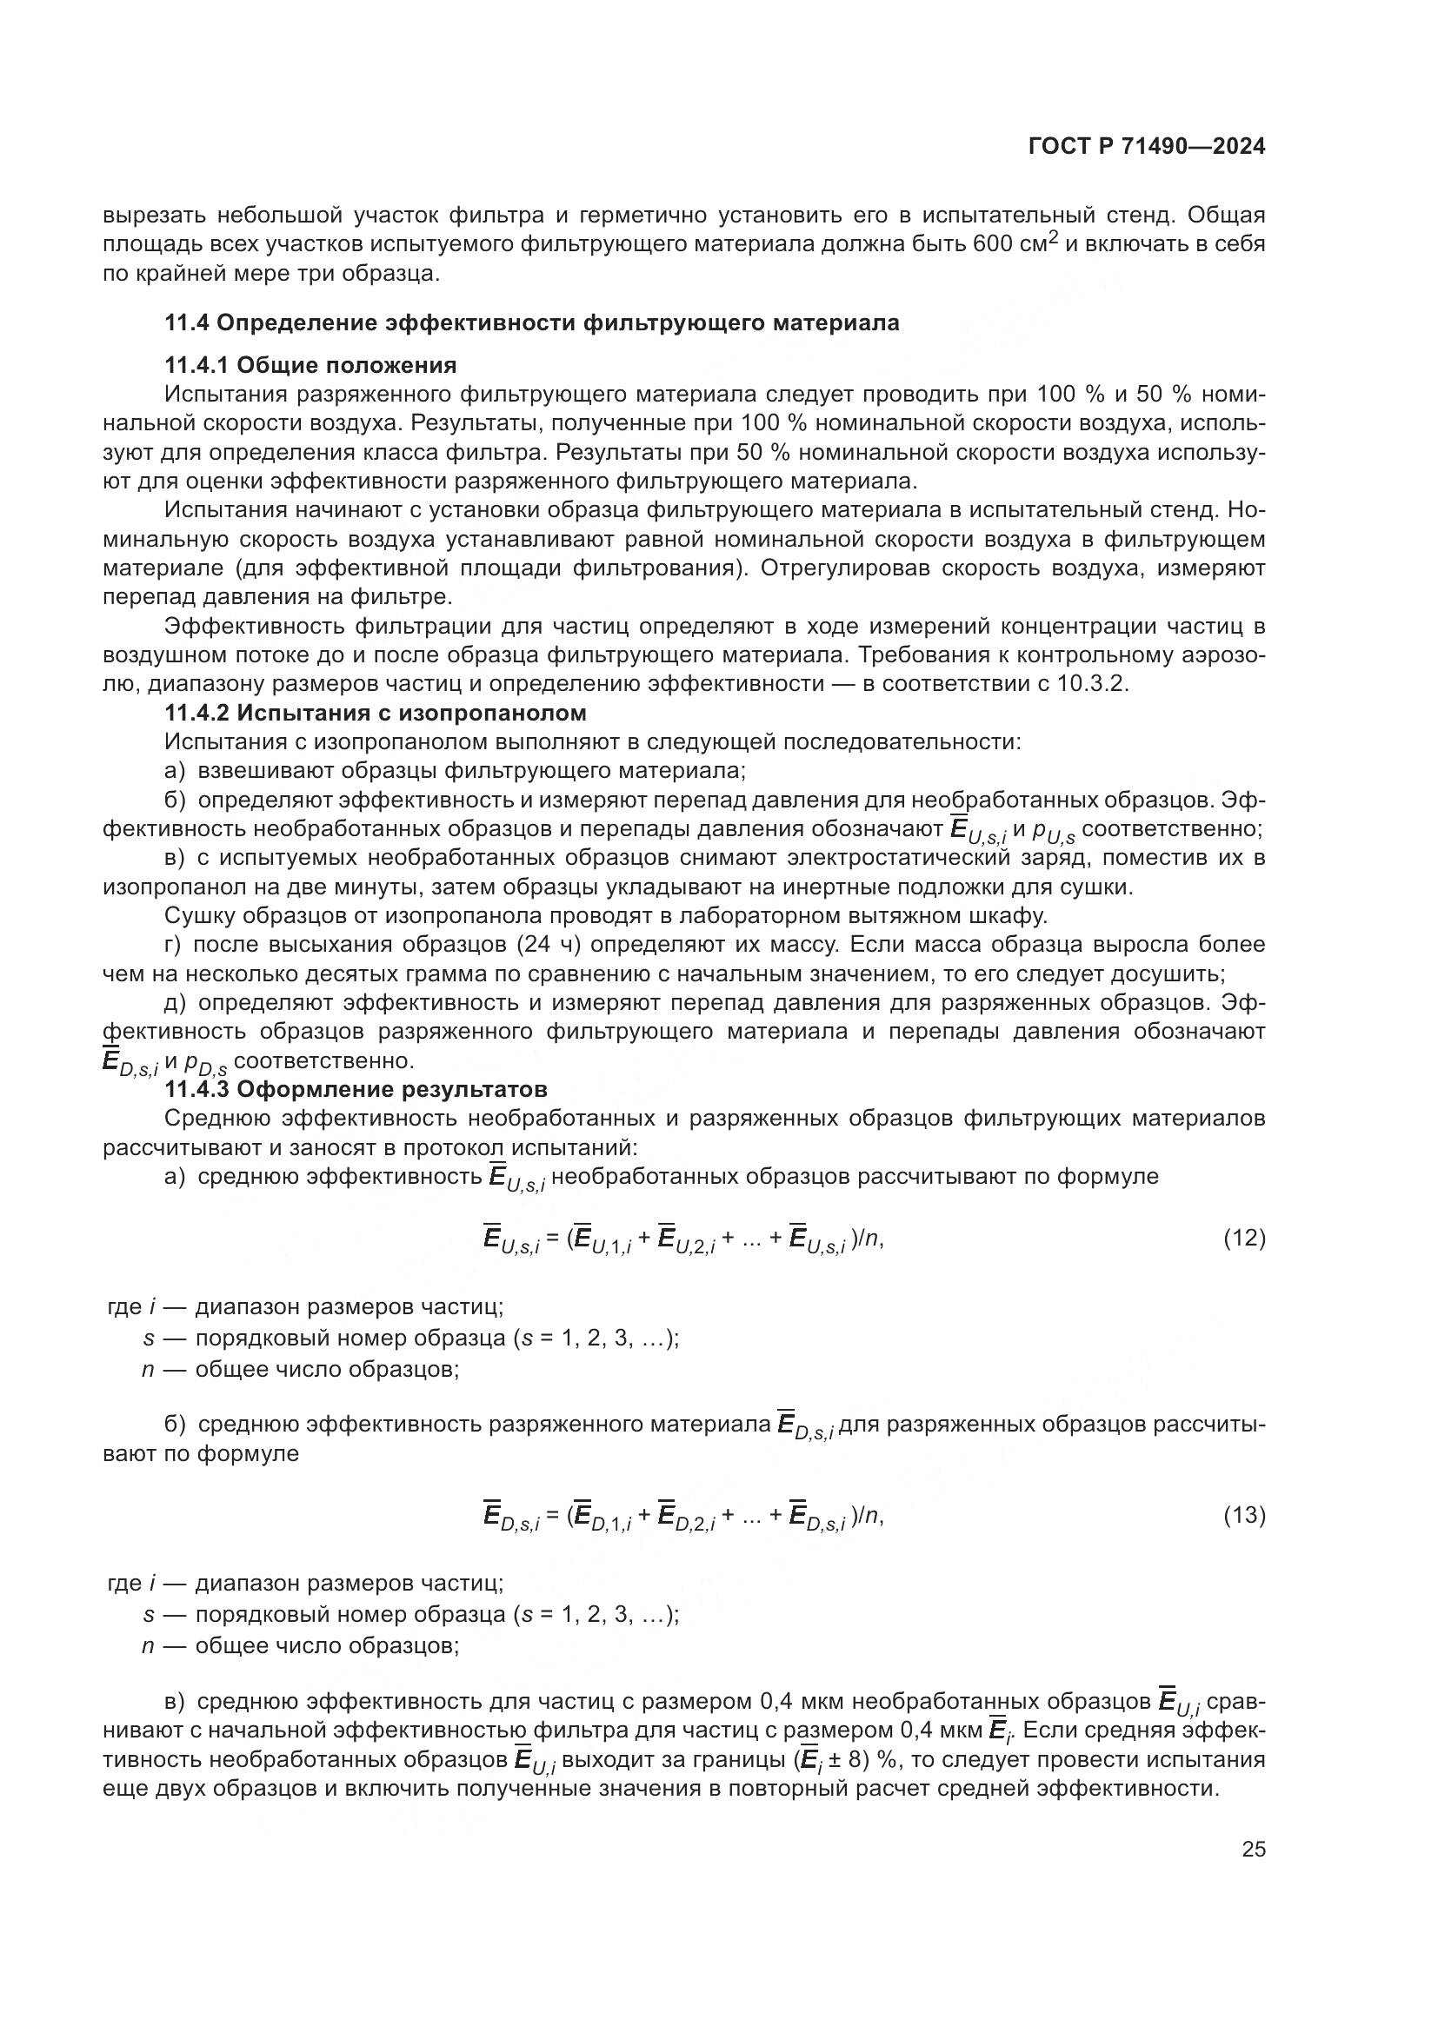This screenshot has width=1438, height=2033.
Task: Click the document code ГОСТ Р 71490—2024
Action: coord(1147,147)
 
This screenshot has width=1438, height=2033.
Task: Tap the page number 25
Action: coord(1253,1850)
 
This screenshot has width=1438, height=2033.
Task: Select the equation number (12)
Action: coord(1244,1238)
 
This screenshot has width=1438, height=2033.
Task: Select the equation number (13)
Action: coord(1244,1515)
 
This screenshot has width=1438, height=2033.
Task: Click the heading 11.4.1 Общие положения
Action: coord(310,365)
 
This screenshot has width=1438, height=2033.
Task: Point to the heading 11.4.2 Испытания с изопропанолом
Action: coord(376,713)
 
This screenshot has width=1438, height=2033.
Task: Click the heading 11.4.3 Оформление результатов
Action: coord(356,1089)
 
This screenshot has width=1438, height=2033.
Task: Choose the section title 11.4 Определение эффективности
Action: coord(531,323)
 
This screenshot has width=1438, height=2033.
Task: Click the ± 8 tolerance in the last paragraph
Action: coord(845,1758)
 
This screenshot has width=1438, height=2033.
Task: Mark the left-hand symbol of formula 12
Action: coord(511,1239)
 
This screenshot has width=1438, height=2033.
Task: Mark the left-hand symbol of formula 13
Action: coord(511,1517)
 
